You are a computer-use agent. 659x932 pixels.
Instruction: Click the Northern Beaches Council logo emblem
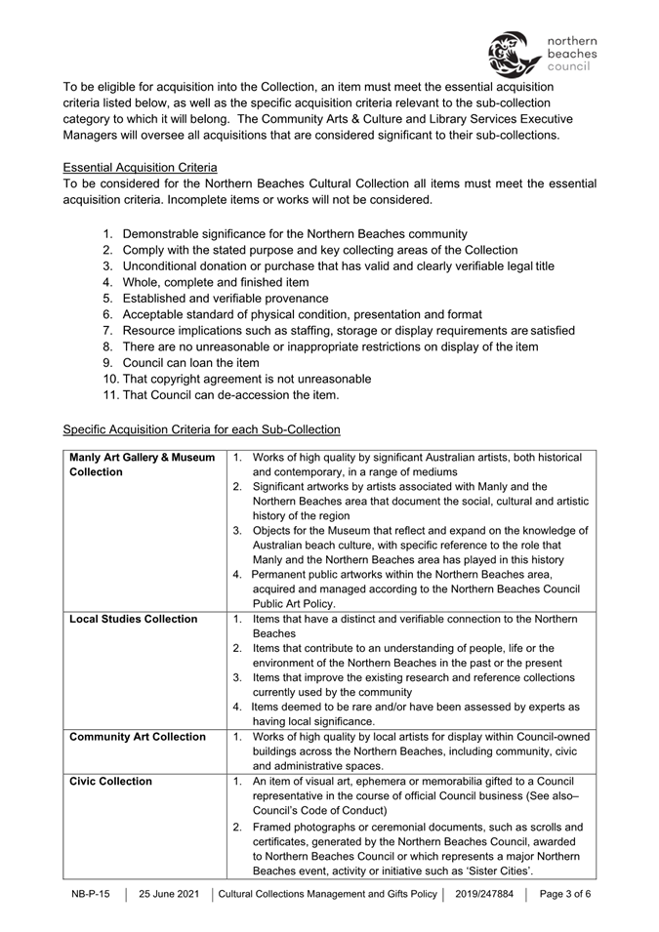(x=513, y=54)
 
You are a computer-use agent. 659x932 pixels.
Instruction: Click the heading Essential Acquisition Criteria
(x=140, y=167)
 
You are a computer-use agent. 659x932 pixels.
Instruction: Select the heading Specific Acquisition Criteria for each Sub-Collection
(x=201, y=428)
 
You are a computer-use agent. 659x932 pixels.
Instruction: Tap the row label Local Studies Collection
(x=133, y=619)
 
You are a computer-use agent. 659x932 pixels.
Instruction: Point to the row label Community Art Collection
(x=138, y=736)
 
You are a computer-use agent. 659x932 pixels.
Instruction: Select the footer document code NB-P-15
(x=91, y=894)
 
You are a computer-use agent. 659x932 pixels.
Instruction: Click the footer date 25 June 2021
(x=169, y=894)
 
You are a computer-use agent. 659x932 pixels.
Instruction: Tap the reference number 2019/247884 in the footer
(x=487, y=894)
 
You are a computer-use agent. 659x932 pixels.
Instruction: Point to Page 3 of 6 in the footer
(x=565, y=894)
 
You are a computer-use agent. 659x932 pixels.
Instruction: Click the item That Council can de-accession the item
(x=230, y=395)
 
